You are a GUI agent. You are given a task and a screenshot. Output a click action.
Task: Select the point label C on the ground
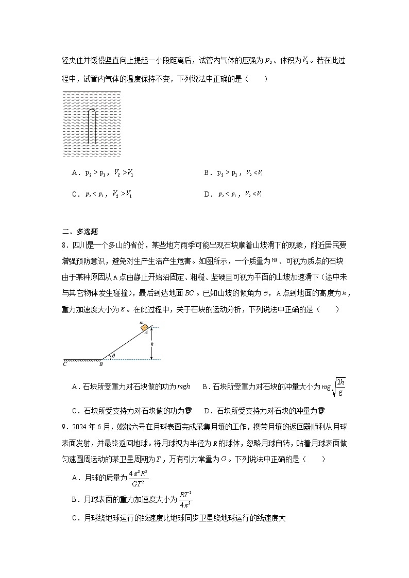click(x=64, y=364)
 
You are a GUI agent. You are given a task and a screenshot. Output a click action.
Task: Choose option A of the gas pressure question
click(x=103, y=173)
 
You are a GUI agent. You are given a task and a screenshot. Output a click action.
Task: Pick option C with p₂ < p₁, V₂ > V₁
click(x=103, y=195)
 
